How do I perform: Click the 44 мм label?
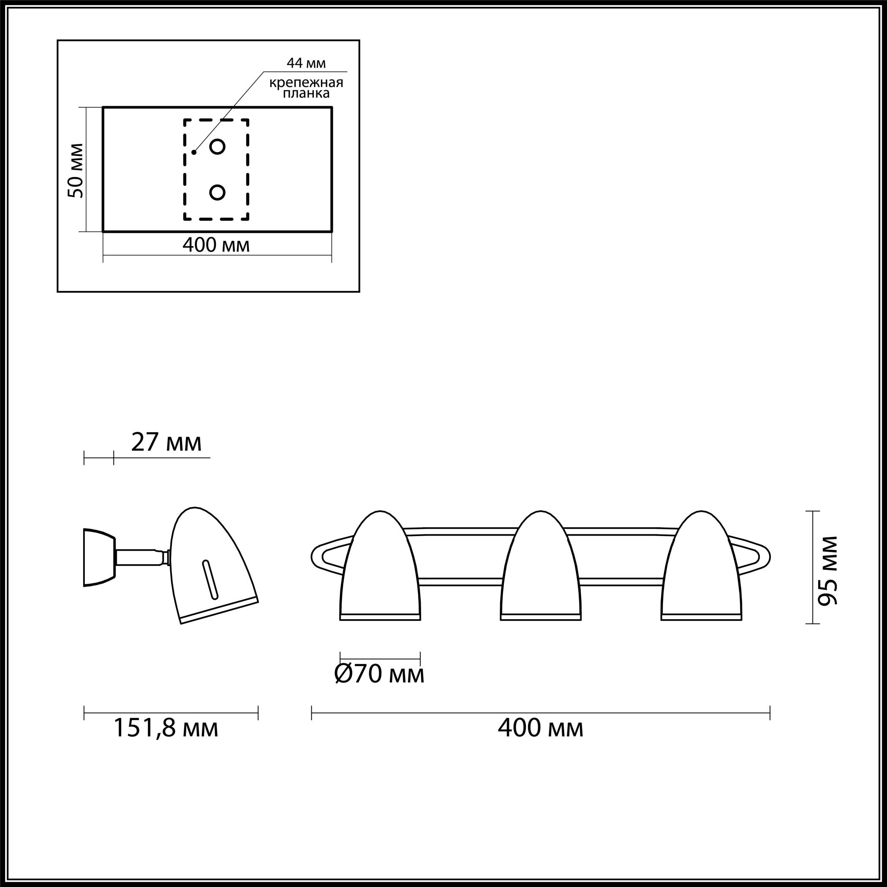(306, 63)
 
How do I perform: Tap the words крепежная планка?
(306, 88)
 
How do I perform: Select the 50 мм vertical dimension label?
(76, 171)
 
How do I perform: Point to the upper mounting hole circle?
(217, 147)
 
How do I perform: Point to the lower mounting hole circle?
(217, 192)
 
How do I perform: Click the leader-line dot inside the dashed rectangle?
(194, 152)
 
